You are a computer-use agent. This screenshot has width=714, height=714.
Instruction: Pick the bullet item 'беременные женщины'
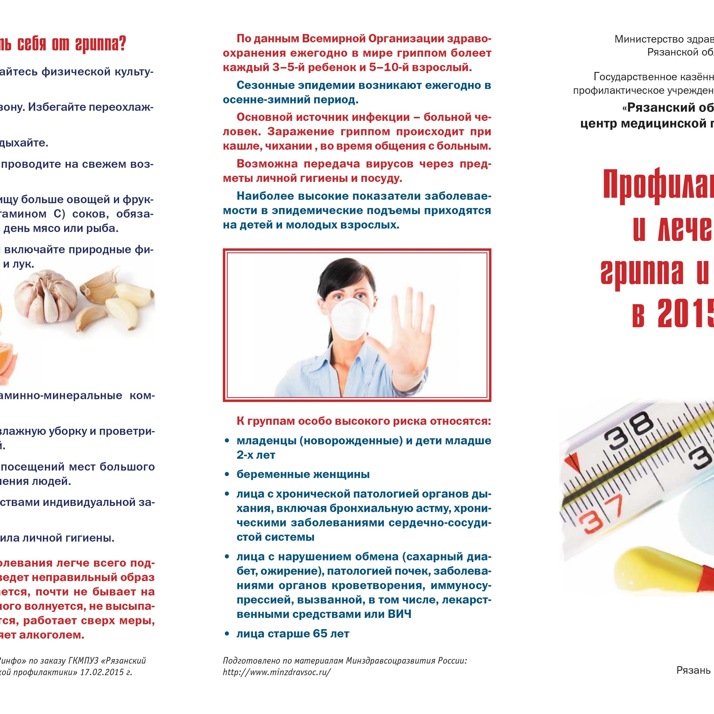pyautogui.click(x=303, y=474)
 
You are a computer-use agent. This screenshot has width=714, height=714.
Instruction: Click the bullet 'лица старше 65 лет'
pyautogui.click(x=293, y=634)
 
